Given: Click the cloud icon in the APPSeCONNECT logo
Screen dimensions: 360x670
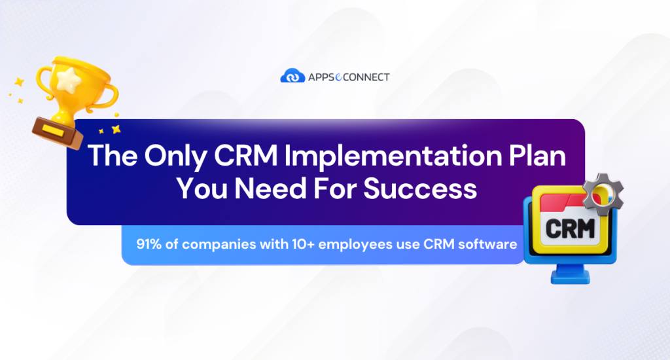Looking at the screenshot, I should tap(292, 77).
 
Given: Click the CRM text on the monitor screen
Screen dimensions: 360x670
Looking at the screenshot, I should tap(567, 230).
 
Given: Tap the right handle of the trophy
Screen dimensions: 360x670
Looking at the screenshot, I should tap(107, 95).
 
